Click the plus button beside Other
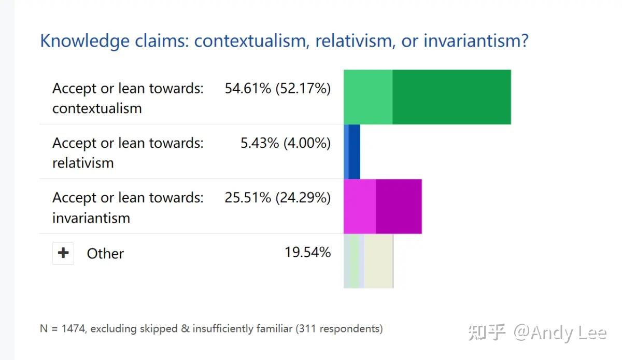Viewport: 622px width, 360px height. (x=63, y=253)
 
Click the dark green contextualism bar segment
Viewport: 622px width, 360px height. (x=451, y=97)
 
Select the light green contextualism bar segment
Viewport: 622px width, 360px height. (x=368, y=97)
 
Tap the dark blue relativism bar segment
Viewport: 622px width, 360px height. (x=355, y=151)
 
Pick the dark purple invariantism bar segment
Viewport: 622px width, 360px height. (x=399, y=206)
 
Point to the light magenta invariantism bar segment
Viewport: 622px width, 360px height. (x=360, y=206)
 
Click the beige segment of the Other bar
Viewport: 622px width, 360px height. (x=378, y=261)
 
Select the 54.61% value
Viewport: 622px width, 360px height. (x=248, y=88)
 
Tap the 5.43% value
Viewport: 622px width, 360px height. (x=260, y=143)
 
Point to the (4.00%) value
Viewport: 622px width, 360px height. (x=307, y=143)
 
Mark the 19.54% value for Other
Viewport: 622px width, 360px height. (x=307, y=253)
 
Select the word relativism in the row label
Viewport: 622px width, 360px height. (x=83, y=163)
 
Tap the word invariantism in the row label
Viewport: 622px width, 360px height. (x=91, y=218)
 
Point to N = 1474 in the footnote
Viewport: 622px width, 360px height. (x=62, y=328)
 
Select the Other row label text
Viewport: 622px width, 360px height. (x=105, y=254)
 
